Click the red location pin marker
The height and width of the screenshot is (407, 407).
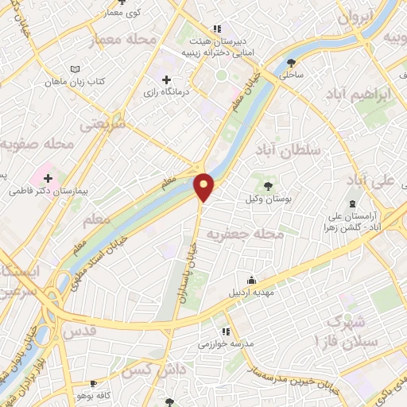[x=204, y=186]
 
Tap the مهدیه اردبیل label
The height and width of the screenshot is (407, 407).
[x=252, y=292]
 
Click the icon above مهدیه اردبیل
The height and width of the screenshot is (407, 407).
[x=252, y=280]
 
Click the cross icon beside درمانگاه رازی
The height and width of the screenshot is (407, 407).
[x=166, y=79]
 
